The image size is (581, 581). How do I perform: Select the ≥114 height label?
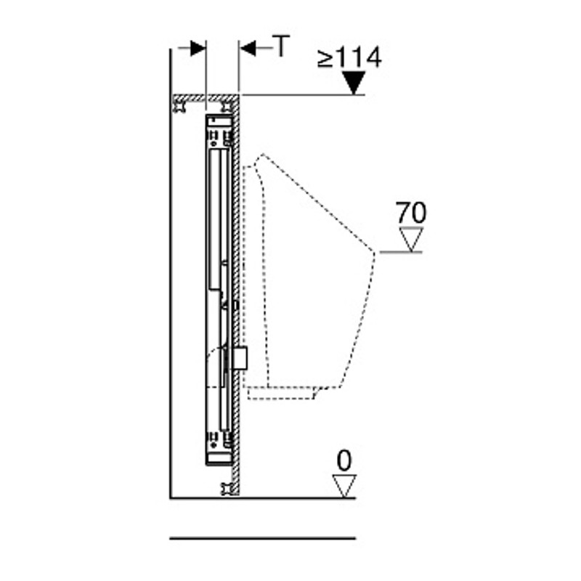pos(349,57)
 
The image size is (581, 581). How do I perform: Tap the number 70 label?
pos(411,212)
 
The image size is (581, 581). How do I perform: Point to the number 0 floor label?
pos(344,460)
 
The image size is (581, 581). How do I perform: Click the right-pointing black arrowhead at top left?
pos(198,48)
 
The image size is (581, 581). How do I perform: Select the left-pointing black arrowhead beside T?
pos(248,48)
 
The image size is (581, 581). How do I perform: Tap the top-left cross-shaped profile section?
pos(180,107)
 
